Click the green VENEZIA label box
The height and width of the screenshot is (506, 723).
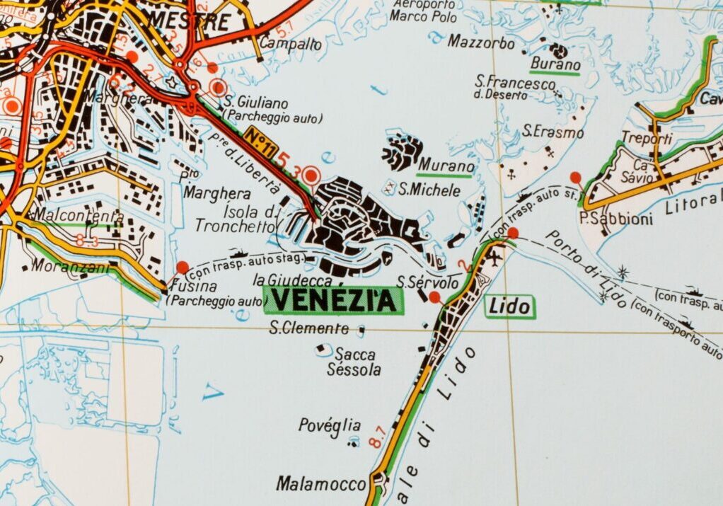click(333, 300)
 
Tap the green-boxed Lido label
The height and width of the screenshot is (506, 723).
click(509, 306)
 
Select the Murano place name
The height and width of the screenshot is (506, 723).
click(445, 165)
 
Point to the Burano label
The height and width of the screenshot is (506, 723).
click(555, 64)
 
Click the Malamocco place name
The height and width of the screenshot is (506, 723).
click(321, 484)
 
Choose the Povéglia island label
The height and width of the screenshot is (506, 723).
click(330, 425)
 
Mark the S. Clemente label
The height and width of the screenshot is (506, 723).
click(310, 328)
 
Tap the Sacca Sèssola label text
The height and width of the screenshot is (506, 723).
click(354, 362)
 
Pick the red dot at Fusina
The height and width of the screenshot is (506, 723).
click(183, 267)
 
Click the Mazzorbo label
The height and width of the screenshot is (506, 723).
click(481, 42)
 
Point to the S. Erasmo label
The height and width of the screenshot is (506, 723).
click(553, 132)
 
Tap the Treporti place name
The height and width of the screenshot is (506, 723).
click(647, 139)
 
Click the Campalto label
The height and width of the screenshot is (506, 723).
click(291, 44)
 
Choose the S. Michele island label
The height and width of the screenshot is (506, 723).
click(429, 190)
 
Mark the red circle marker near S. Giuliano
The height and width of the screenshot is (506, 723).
click(219, 88)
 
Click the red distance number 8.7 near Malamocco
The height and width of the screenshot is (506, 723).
click(377, 435)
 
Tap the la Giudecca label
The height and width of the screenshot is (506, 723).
click(292, 281)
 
